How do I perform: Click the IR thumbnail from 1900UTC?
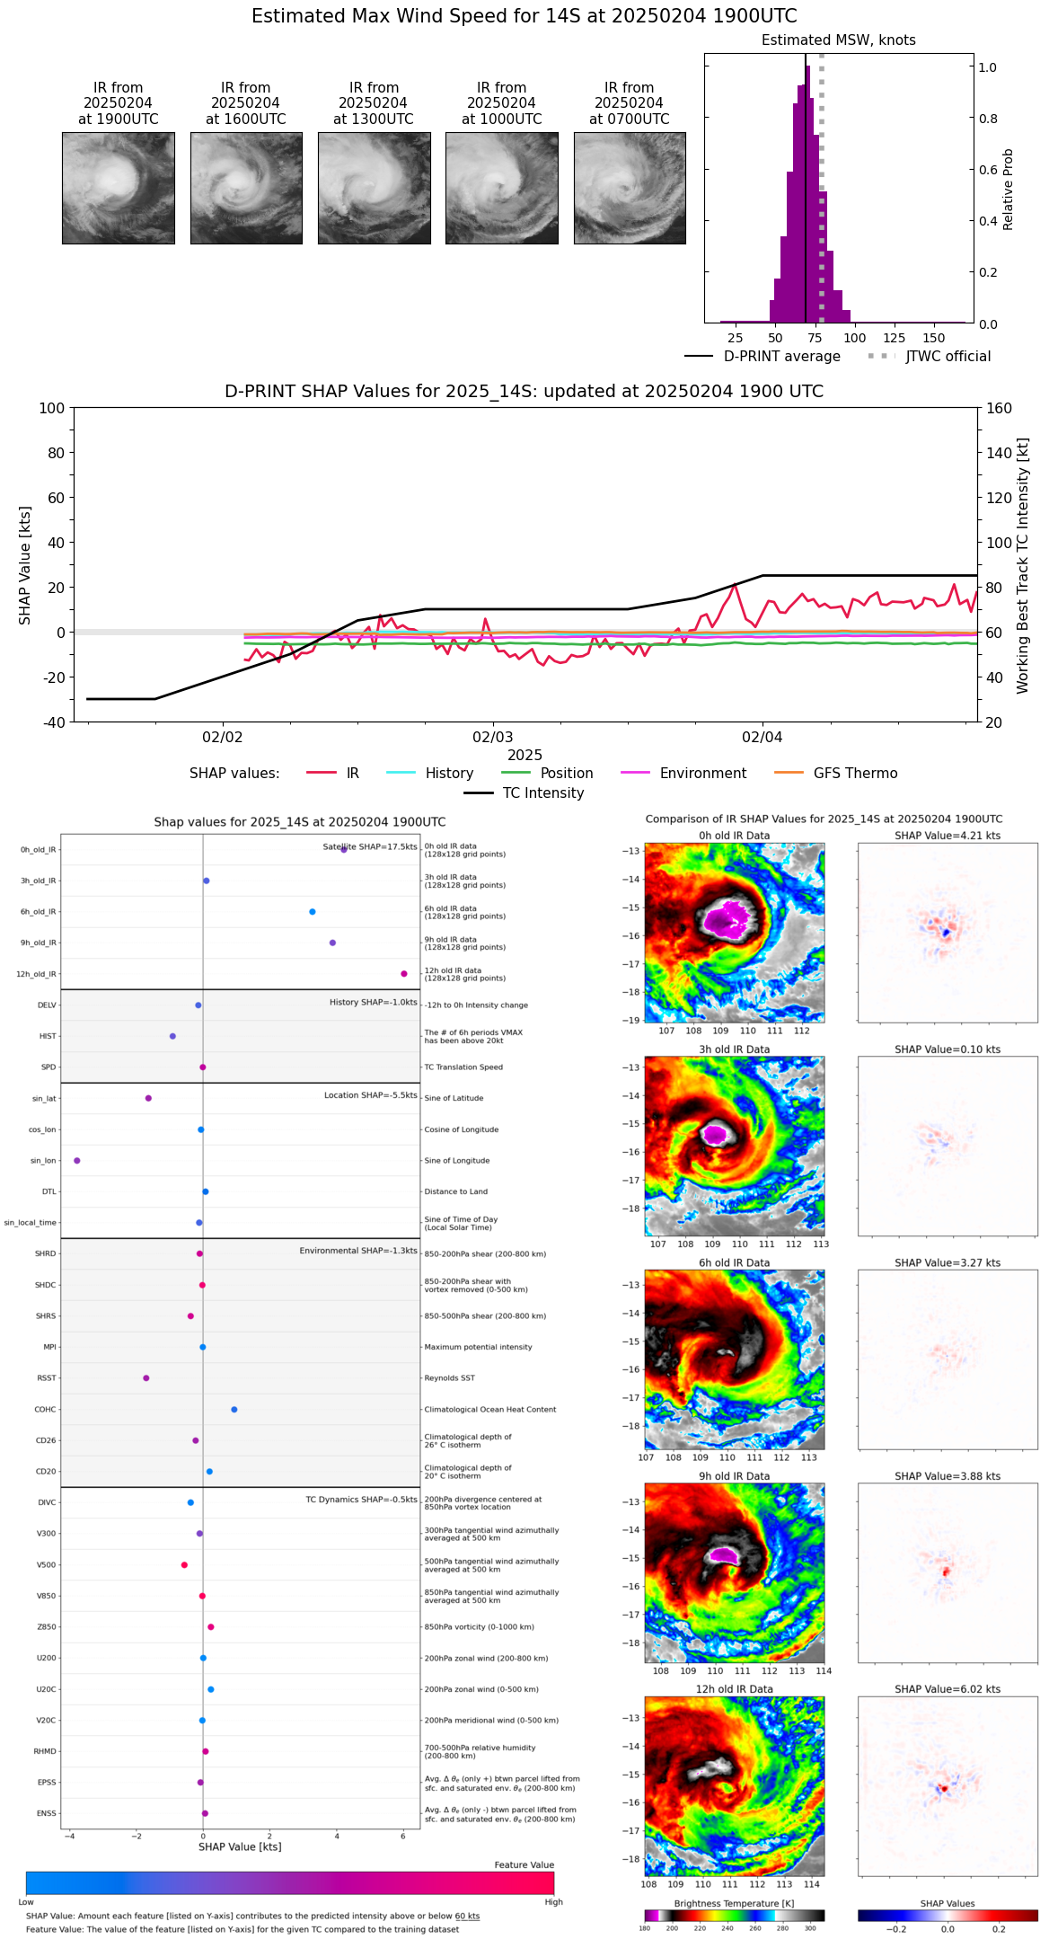tap(119, 188)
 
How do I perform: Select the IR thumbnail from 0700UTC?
tap(630, 188)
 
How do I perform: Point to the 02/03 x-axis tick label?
tap(492, 738)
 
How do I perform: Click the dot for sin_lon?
tap(76, 1161)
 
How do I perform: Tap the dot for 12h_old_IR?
tap(404, 974)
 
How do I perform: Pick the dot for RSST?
tap(146, 1378)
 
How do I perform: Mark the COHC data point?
tap(234, 1409)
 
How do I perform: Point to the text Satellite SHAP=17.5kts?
tap(370, 846)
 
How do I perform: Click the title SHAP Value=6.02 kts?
tap(948, 1689)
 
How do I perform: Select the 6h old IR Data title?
tap(734, 1262)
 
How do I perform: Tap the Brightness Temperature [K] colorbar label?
tap(734, 1903)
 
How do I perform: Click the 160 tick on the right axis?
tap(999, 408)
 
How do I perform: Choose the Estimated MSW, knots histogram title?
tap(838, 40)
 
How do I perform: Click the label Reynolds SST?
tap(449, 1378)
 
